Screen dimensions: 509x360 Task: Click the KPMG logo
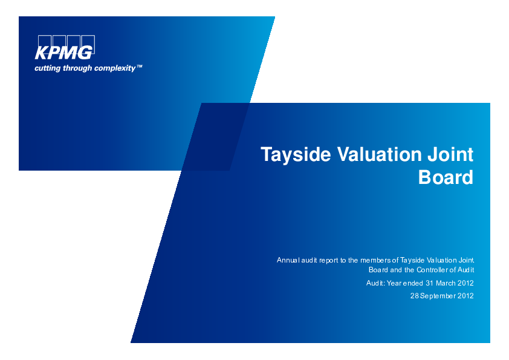pos(65,47)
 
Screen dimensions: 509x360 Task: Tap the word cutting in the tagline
pos(47,68)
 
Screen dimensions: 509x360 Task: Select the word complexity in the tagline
pos(115,68)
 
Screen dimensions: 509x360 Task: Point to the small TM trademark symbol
pos(139,67)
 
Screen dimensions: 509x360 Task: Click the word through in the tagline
pos(77,68)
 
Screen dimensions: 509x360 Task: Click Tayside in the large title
pos(296,154)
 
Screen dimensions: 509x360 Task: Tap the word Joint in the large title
pos(450,154)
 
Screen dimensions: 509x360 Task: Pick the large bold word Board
pos(446,177)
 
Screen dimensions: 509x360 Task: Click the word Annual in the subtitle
pos(288,260)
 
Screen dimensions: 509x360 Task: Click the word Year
pos(394,283)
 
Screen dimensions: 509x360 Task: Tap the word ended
pos(413,283)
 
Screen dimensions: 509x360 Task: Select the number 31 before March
pos(429,283)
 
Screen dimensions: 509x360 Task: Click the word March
pos(446,283)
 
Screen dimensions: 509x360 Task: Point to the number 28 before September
pos(415,296)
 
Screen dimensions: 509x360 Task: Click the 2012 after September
pos(465,296)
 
